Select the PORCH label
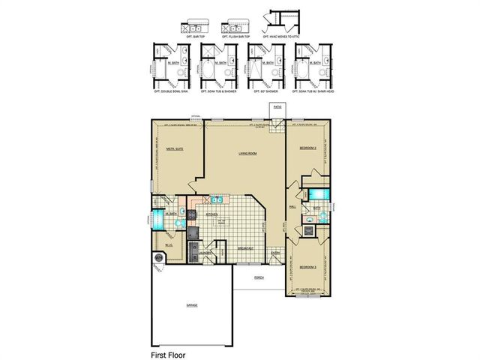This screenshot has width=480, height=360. [259, 277]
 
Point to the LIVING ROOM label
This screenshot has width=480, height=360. [249, 153]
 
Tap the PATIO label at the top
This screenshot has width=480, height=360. [277, 108]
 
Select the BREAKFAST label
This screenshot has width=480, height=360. [245, 247]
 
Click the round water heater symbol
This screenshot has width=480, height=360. [158, 259]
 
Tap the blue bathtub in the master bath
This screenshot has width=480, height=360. [159, 218]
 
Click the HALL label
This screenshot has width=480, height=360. [291, 207]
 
